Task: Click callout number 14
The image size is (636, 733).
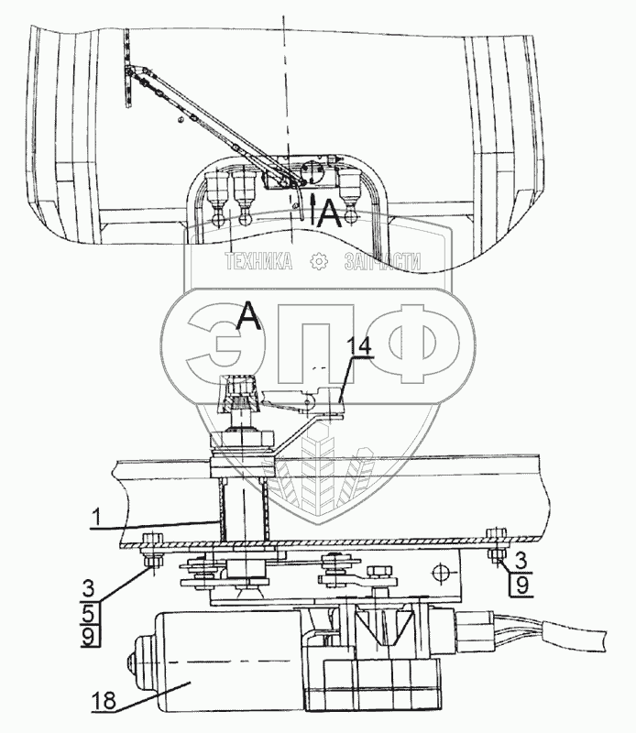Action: tap(360, 347)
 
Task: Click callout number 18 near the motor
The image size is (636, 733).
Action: tap(104, 701)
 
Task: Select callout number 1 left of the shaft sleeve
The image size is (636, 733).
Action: tap(96, 518)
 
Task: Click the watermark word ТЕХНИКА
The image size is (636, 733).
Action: tap(259, 261)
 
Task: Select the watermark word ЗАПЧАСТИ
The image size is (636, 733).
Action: tap(382, 261)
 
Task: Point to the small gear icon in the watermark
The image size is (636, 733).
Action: tap(319, 261)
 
